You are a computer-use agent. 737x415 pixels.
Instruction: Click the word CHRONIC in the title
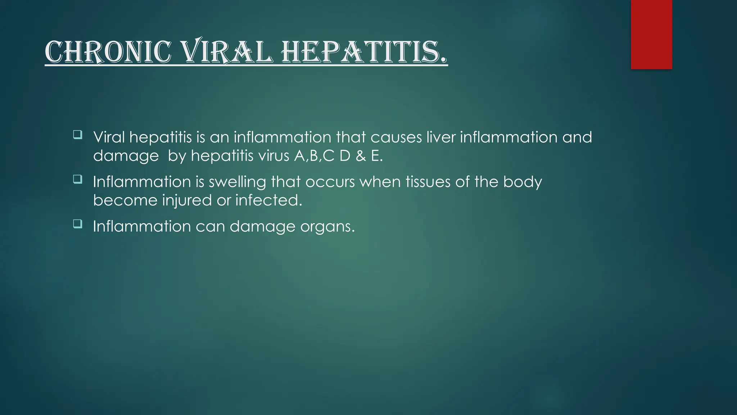pyautogui.click(x=108, y=53)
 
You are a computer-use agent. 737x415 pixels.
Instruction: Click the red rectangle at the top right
pyautogui.click(x=651, y=34)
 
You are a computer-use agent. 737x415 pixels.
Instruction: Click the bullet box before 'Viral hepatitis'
pyautogui.click(x=77, y=135)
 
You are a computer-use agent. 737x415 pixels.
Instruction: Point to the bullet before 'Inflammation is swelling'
pyautogui.click(x=77, y=179)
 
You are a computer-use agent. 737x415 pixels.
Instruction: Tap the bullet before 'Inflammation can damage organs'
pyautogui.click(x=77, y=224)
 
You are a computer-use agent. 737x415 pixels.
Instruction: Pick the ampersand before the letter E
pyautogui.click(x=361, y=156)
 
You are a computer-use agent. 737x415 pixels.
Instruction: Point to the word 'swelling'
pyautogui.click(x=237, y=182)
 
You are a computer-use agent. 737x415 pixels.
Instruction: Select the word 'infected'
pyautogui.click(x=268, y=200)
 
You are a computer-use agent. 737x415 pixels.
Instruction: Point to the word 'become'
pyautogui.click(x=125, y=200)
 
